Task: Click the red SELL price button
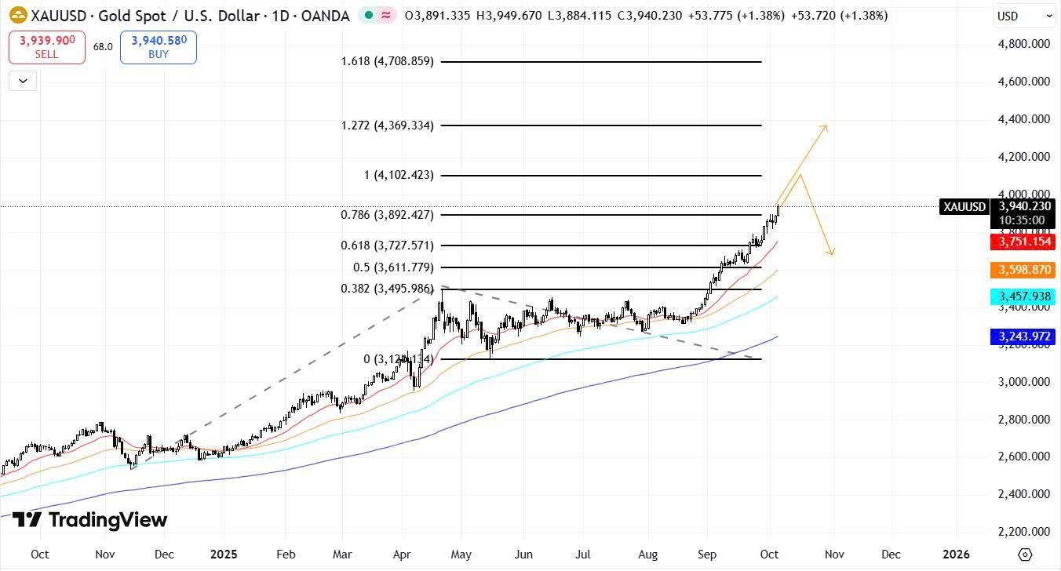coord(47,47)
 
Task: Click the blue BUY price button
coord(159,47)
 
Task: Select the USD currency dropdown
coord(1025,16)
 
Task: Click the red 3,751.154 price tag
coord(1023,242)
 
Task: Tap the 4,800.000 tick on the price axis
coord(1024,44)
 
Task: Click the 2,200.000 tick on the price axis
coord(1024,532)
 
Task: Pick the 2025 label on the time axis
coord(224,554)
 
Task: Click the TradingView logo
coord(89,520)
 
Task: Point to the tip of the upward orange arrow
coord(826,125)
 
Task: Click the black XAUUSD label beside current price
coord(964,207)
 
